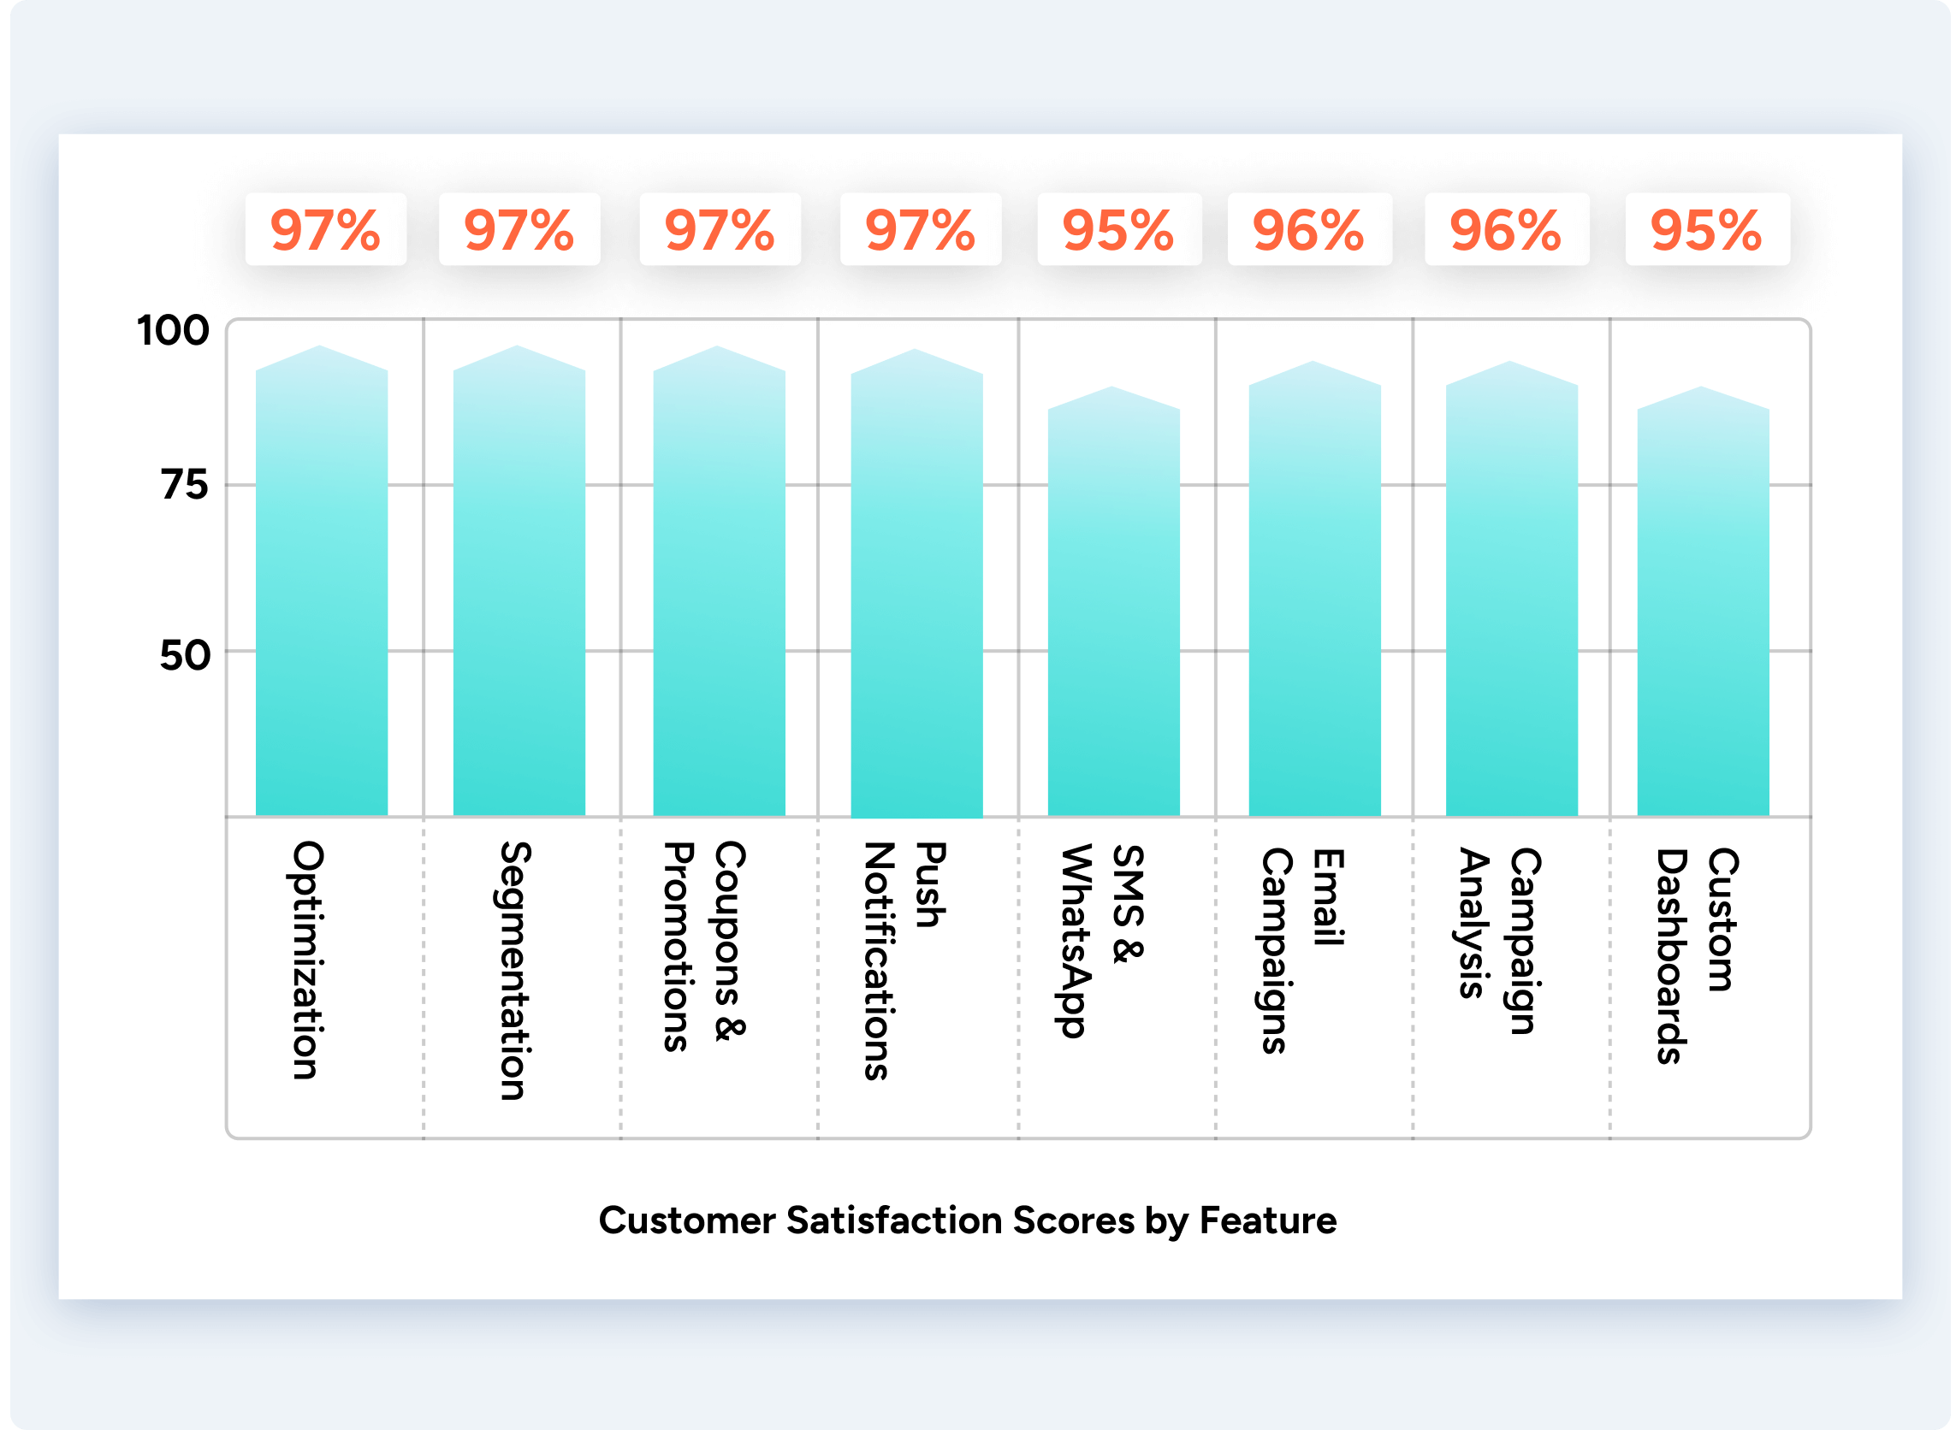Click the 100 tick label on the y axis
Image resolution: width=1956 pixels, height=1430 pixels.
(173, 331)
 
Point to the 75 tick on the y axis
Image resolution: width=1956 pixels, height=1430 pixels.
(185, 485)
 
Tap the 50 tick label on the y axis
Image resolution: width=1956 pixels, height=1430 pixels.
(185, 656)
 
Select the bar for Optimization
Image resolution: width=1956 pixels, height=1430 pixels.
(321, 588)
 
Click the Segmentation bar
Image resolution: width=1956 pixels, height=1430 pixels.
(519, 588)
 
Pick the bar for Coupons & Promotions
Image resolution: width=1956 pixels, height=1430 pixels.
(719, 588)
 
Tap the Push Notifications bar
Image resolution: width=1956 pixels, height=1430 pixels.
(916, 588)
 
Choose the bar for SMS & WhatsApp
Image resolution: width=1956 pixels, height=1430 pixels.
(1113, 606)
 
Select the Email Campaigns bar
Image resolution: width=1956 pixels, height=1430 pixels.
(1313, 597)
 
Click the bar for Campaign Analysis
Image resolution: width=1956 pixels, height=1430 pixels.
(1511, 597)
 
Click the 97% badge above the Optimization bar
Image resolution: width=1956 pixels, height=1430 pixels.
(325, 230)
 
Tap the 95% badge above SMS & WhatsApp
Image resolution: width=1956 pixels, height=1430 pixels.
(1118, 230)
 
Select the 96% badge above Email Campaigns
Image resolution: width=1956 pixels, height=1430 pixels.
(1309, 230)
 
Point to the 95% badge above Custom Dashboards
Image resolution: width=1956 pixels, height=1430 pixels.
(1707, 230)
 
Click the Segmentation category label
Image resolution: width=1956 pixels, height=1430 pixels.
(514, 971)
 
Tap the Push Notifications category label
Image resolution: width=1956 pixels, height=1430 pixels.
(904, 960)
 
